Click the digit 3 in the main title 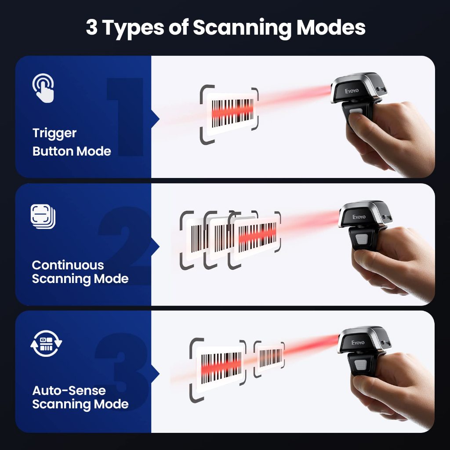(x=91, y=28)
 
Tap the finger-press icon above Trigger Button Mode (x=43, y=88)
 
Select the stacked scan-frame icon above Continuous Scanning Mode (x=43, y=216)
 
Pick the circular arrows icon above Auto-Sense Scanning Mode (x=46, y=344)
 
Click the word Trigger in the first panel (x=54, y=134)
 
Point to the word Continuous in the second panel (x=68, y=265)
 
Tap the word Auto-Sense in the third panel (x=69, y=390)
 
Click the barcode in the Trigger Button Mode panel (x=232, y=113)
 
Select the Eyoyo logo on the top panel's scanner (x=352, y=91)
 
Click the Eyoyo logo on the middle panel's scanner (x=359, y=217)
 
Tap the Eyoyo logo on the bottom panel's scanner (x=358, y=342)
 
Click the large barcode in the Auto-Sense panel (x=221, y=368)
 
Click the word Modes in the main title (x=330, y=28)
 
